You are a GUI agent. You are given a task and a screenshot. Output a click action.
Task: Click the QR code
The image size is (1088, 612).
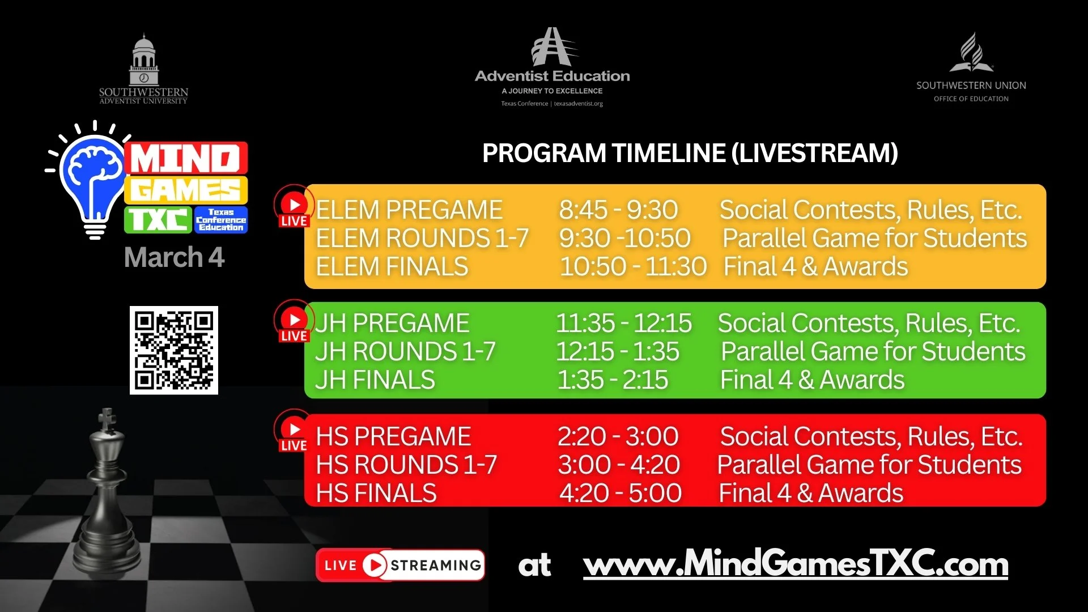pyautogui.click(x=174, y=350)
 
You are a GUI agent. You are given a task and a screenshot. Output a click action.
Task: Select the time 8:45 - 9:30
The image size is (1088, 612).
pyautogui.click(x=618, y=210)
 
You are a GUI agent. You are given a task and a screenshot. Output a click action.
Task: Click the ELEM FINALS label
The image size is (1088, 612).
pyautogui.click(x=392, y=266)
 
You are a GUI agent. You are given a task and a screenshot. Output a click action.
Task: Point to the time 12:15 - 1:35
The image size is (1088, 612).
pyautogui.click(x=618, y=351)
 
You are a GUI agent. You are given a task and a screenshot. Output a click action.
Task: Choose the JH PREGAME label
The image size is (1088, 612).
pyautogui.click(x=392, y=324)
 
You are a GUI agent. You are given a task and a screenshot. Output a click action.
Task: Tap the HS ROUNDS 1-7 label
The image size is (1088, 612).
pyautogui.click(x=406, y=465)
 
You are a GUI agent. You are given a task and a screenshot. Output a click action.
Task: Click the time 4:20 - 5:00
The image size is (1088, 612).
pyautogui.click(x=620, y=493)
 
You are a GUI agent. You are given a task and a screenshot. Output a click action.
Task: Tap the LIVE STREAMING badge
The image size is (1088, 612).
pyautogui.click(x=400, y=565)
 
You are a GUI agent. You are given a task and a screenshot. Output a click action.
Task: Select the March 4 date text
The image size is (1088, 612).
pyautogui.click(x=175, y=257)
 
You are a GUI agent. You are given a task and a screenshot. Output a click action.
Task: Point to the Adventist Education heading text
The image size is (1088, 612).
pyautogui.click(x=552, y=76)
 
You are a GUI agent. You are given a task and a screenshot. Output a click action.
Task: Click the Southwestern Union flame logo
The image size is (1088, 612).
pyautogui.click(x=971, y=53)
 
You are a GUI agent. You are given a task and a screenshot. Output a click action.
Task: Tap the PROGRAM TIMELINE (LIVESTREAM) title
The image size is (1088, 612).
pyautogui.click(x=690, y=153)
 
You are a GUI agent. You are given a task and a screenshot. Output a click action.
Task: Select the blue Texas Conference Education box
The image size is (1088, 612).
pyautogui.click(x=221, y=220)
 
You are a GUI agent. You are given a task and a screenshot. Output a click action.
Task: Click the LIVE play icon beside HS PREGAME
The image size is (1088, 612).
pyautogui.click(x=294, y=431)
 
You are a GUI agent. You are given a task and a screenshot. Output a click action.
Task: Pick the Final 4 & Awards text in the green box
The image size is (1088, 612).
pyautogui.click(x=812, y=380)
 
